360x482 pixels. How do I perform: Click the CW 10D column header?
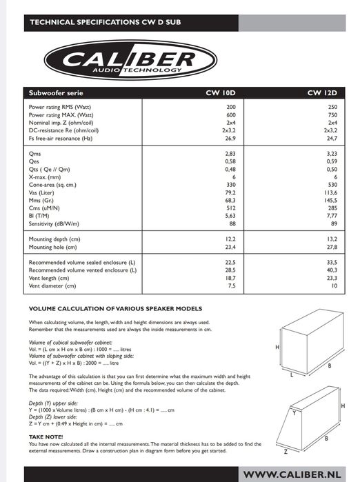tap(221, 92)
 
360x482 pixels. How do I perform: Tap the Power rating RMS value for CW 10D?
tap(230, 108)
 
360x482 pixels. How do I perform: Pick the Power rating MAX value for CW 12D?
tap(331, 115)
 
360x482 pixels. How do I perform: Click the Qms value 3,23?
tap(330, 154)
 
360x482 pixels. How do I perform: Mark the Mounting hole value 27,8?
tap(330, 246)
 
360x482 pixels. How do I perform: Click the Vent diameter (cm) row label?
tap(52, 285)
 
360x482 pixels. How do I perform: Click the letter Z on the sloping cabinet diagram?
tap(286, 452)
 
